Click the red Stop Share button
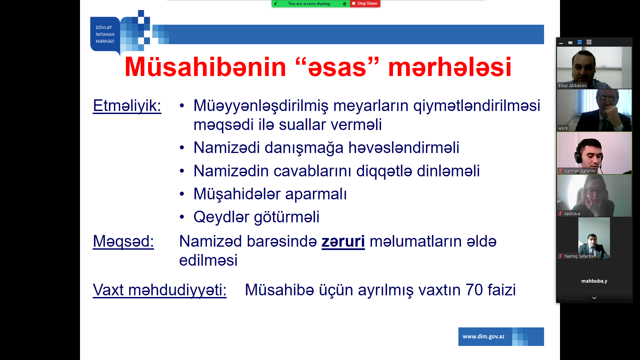pos(365,3)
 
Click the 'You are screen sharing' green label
pos(309,4)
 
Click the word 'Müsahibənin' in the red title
pos(205,67)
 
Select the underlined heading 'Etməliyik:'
pos(127,106)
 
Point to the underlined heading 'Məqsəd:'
pos(123,241)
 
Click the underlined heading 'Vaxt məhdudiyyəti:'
pos(160,290)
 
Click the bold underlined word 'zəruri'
pos(343,241)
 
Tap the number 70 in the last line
pos(474,290)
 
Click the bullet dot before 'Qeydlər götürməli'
pos(182,217)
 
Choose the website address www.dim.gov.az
pos(483,337)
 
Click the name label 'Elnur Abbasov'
pos(572,86)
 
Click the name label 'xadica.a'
pos(572,214)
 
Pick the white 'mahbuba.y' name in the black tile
pos(594,281)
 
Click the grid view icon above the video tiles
pos(589,42)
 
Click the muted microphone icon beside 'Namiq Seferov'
pos(560,256)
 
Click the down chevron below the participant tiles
pos(594,298)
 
